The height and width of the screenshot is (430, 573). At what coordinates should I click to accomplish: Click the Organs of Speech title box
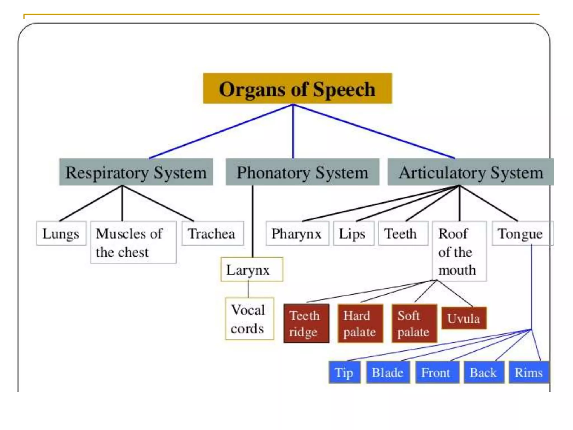point(297,88)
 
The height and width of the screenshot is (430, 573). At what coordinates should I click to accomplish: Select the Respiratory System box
point(136,172)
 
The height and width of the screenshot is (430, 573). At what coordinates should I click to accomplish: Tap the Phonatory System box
point(302,172)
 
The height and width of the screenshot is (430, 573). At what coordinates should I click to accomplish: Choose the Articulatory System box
point(471,172)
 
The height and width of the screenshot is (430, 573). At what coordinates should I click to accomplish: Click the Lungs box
point(61,233)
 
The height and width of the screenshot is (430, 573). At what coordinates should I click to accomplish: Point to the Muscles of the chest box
point(133,242)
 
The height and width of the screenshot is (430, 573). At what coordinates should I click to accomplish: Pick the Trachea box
point(212,233)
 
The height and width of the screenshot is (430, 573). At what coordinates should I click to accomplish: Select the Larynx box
point(252,269)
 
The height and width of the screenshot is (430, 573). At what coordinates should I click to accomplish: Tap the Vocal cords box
point(249,319)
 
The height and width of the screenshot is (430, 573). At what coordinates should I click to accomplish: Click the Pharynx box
point(297,233)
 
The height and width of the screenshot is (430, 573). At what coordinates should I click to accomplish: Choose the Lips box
point(353,233)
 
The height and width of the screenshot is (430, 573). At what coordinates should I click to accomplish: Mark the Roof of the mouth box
point(459,251)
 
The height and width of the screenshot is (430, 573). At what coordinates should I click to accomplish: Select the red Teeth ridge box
point(306,323)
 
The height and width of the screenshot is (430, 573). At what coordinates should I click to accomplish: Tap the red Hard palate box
point(360,323)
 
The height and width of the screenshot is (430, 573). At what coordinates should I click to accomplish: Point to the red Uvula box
point(464,318)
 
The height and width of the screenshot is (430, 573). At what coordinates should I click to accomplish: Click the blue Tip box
point(344,372)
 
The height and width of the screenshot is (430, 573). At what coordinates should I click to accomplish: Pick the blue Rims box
point(529,372)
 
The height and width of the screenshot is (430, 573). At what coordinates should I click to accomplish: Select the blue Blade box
point(388,372)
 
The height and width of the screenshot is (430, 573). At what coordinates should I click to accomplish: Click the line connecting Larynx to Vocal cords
point(248,289)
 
